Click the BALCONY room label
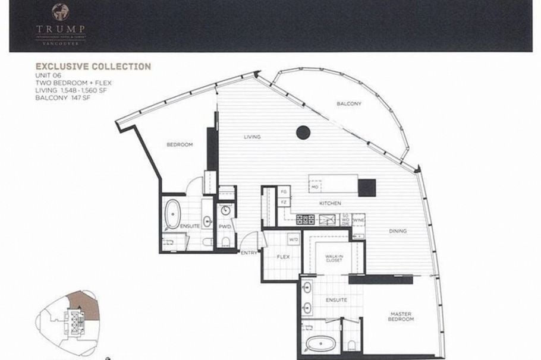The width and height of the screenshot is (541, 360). pyautogui.click(x=349, y=104)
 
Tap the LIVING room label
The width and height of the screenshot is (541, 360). pyautogui.click(x=252, y=137)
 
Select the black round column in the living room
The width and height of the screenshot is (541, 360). pyautogui.click(x=303, y=132)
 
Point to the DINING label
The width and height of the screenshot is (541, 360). pyautogui.click(x=398, y=231)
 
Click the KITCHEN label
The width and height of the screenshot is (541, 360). pyautogui.click(x=330, y=204)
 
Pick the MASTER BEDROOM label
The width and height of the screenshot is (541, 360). pyautogui.click(x=402, y=317)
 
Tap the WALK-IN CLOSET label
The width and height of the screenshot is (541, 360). pyautogui.click(x=334, y=258)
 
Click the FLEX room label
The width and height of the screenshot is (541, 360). pyautogui.click(x=282, y=258)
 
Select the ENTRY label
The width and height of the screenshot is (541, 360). pyautogui.click(x=249, y=252)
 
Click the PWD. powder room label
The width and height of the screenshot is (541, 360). pyautogui.click(x=225, y=227)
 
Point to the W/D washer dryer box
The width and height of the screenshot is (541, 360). pyautogui.click(x=294, y=241)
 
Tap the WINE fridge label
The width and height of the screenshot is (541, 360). pyautogui.click(x=358, y=220)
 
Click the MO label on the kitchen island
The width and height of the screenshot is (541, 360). pyautogui.click(x=315, y=186)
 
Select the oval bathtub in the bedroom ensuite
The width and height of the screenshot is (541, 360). pyautogui.click(x=173, y=214)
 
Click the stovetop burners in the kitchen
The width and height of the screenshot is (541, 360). pyautogui.click(x=306, y=220)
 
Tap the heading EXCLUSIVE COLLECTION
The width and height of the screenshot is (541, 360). pyautogui.click(x=93, y=67)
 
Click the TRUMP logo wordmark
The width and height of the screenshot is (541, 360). pyautogui.click(x=60, y=29)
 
